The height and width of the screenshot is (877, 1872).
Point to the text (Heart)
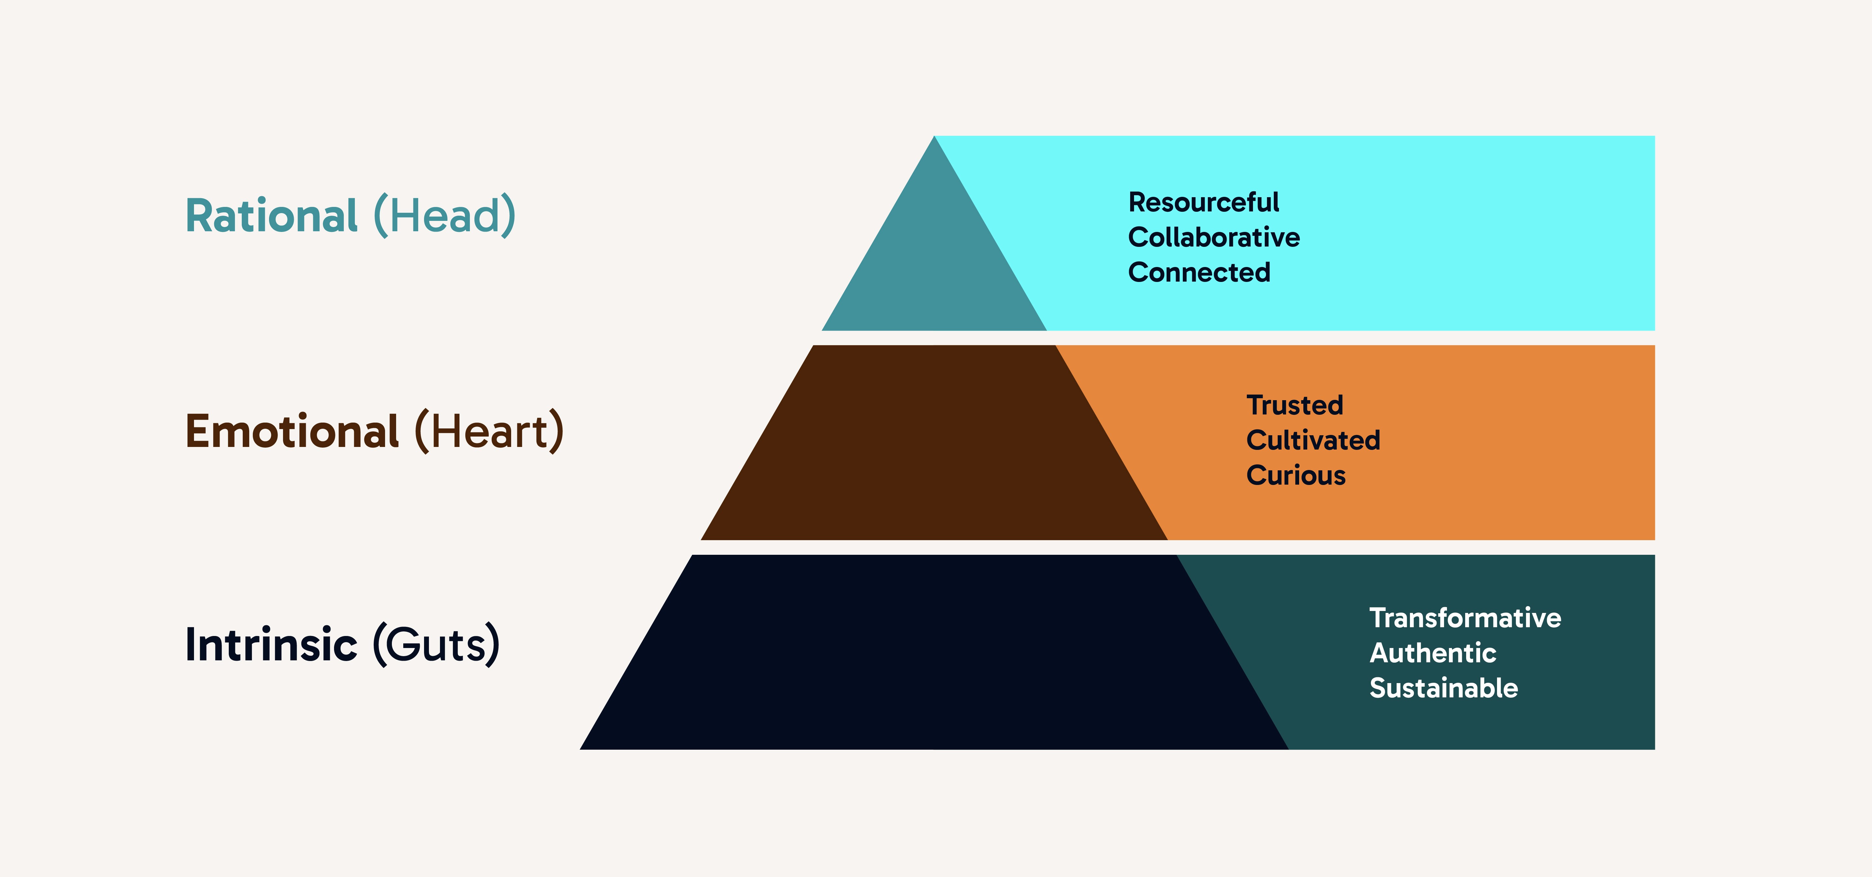[x=489, y=432]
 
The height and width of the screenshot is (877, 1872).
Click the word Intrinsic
[x=271, y=644]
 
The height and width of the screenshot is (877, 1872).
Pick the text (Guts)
[x=436, y=644]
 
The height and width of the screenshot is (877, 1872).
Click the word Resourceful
[x=1204, y=202]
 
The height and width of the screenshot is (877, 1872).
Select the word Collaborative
[x=1214, y=237]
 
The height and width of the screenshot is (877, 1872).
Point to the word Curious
[x=1296, y=475]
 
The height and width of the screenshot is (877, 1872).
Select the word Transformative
[x=1465, y=617]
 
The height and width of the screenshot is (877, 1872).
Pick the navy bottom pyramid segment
[x=934, y=654]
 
